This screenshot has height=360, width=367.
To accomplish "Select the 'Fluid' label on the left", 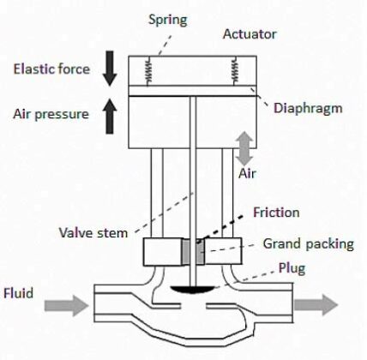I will point(20,294).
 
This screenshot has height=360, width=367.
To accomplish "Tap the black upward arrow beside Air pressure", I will point(110,113).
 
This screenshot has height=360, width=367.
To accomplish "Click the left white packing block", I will point(163,252).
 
